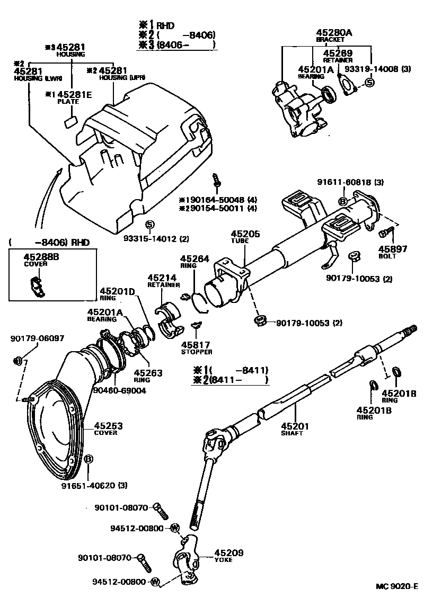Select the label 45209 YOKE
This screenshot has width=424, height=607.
click(228, 556)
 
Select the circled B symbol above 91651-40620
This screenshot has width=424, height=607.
click(89, 459)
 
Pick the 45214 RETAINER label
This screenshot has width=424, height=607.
click(163, 281)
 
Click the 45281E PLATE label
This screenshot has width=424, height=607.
click(68, 97)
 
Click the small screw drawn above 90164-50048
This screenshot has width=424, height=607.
click(216, 180)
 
